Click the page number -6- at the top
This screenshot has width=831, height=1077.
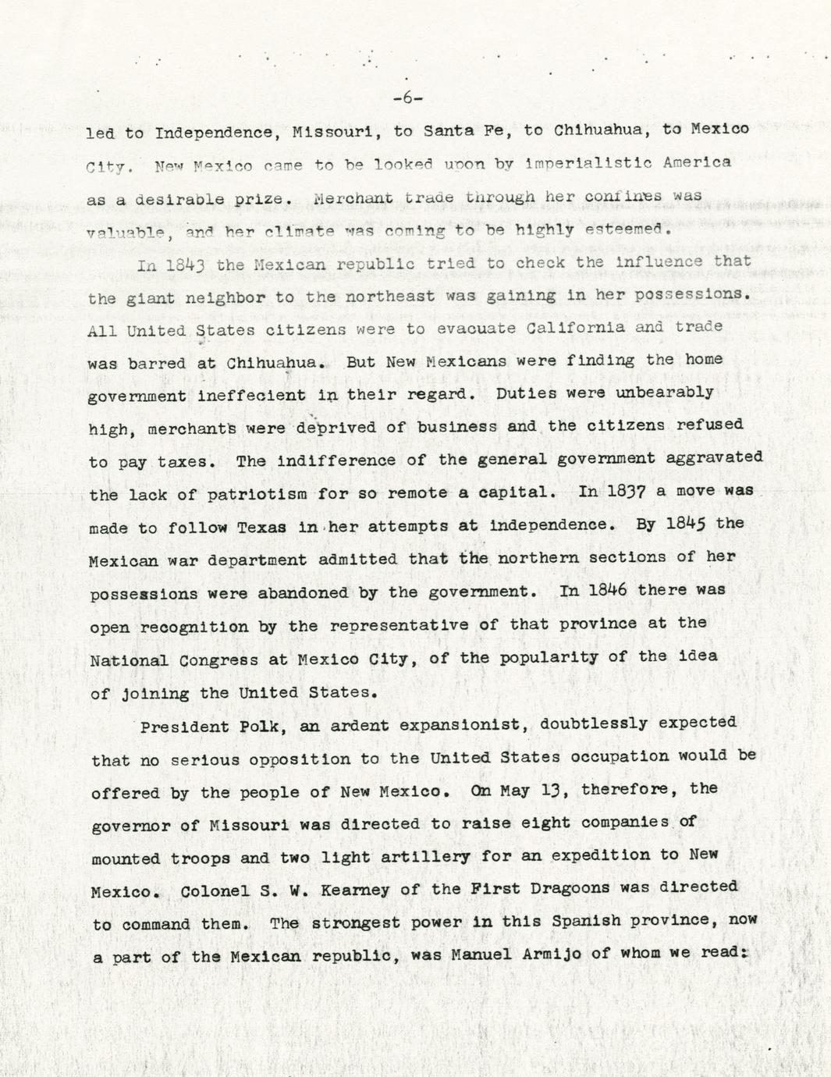407,98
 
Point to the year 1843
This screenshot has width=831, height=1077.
184,265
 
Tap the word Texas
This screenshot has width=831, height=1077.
262,528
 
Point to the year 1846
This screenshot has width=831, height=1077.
607,590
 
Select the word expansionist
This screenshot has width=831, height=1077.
459,725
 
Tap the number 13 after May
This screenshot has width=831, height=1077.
551,790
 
